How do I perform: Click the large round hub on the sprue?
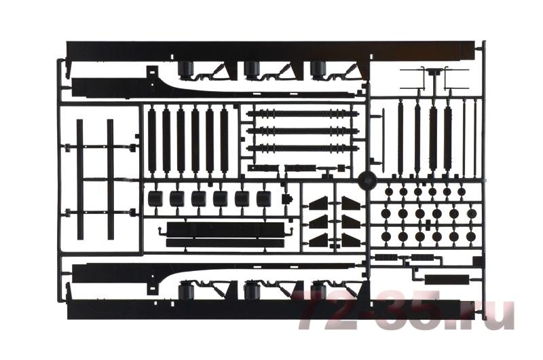(x=367, y=179)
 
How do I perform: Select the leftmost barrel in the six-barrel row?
(x=155, y=198)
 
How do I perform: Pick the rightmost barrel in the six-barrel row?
(x=263, y=198)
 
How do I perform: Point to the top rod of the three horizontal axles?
(x=302, y=113)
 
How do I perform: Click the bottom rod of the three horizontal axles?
(x=302, y=148)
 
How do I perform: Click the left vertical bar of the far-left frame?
(x=79, y=179)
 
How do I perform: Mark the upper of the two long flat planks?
(x=225, y=228)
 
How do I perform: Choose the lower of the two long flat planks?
(x=225, y=242)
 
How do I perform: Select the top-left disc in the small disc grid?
(x=388, y=192)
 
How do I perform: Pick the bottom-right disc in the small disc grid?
(x=471, y=236)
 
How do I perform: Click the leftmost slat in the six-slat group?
(x=151, y=141)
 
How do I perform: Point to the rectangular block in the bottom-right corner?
(x=447, y=279)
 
